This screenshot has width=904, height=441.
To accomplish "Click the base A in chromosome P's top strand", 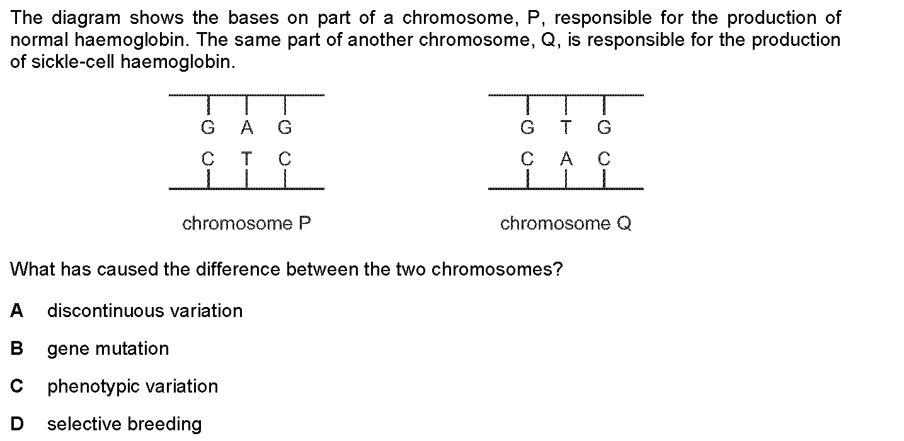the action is coord(247,127).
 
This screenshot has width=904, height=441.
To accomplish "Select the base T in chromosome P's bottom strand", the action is coord(246,159).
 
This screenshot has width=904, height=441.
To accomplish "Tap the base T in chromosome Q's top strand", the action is coord(566,127).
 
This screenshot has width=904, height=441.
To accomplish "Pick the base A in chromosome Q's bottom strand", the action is coord(566,159).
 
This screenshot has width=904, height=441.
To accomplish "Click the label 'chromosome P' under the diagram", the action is coord(246,223).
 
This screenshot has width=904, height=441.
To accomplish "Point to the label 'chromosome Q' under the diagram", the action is coord(566,223).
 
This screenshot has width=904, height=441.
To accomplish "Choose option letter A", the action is coord(16,310).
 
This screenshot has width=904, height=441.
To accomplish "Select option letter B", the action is coord(16,349).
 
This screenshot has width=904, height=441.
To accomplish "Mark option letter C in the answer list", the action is coord(16,386).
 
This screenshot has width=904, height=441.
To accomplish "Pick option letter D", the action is coord(17,423).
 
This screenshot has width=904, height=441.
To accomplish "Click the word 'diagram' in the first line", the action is coord(86,18).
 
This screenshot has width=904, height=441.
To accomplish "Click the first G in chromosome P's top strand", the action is coord(208,127).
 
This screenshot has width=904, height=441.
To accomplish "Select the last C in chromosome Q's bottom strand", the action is coord(604,159).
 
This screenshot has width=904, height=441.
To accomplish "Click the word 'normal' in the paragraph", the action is coord(39,40).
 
